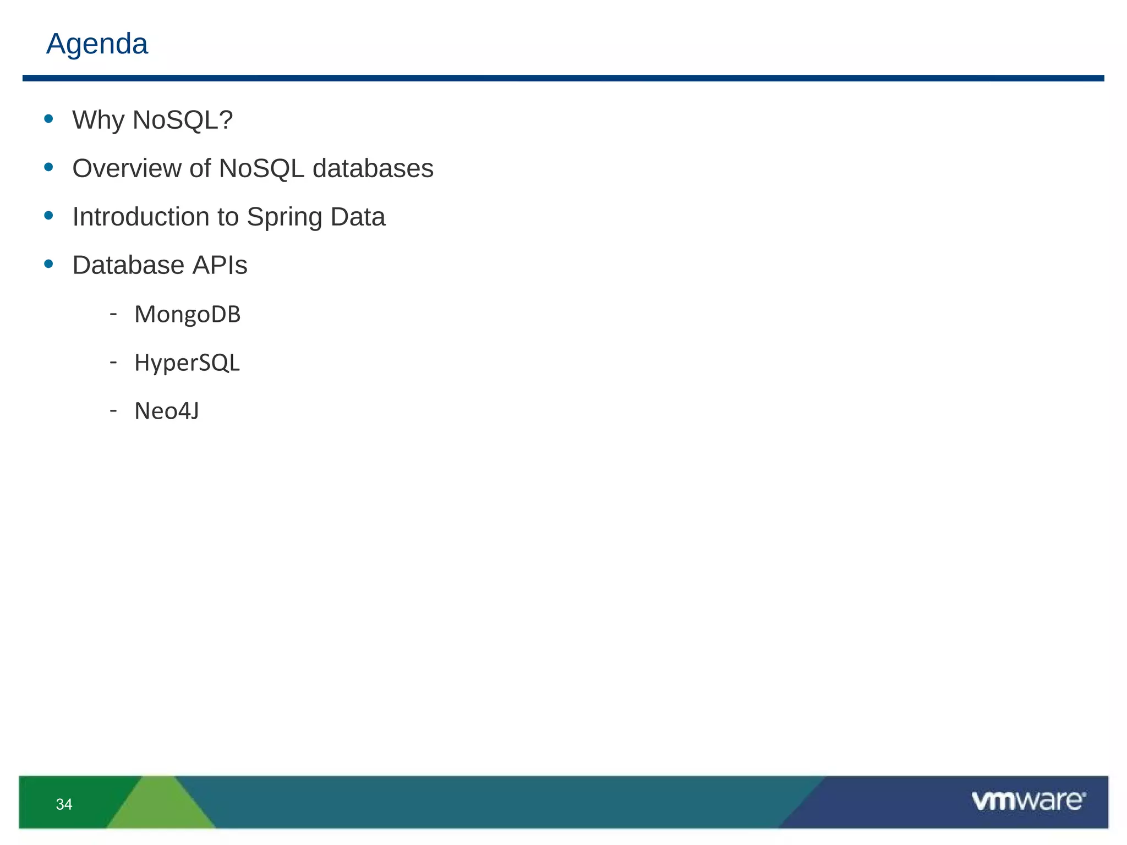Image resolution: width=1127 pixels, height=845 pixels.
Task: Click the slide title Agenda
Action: pyautogui.click(x=97, y=44)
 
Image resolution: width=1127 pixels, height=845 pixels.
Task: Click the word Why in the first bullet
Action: pyautogui.click(x=98, y=120)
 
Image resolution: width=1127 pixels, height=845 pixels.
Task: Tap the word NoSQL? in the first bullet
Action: pyautogui.click(x=183, y=120)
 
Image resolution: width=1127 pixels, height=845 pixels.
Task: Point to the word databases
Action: pyautogui.click(x=373, y=168)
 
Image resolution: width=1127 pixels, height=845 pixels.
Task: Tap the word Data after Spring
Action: pyautogui.click(x=358, y=217)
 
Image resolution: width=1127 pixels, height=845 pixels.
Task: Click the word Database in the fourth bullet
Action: pyautogui.click(x=128, y=265)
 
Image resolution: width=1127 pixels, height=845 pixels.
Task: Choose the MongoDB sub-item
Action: pyautogui.click(x=187, y=315)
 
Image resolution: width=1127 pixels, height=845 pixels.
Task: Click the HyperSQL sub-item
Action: pyautogui.click(x=187, y=363)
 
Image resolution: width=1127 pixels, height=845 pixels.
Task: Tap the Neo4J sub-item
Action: pyautogui.click(x=167, y=411)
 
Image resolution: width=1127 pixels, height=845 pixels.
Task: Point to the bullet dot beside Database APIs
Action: pyautogui.click(x=49, y=264)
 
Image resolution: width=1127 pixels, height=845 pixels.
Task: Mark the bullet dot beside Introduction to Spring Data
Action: pyautogui.click(x=49, y=216)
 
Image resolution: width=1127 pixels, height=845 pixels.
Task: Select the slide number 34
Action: pyautogui.click(x=64, y=804)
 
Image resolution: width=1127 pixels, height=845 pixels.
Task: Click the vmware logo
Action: pyautogui.click(x=1028, y=801)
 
